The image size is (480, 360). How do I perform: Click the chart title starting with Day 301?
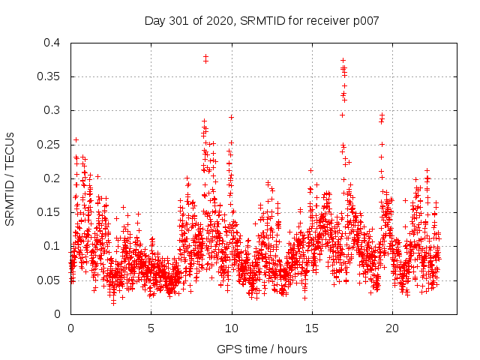click(262, 20)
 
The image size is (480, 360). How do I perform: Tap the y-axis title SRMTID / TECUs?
click(10, 179)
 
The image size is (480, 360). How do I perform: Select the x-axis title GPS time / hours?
click(262, 349)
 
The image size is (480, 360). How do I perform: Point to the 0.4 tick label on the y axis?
click(51, 43)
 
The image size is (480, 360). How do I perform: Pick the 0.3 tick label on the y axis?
click(51, 110)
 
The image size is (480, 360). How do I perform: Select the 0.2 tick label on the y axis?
click(51, 178)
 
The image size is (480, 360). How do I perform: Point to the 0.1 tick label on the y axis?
click(51, 246)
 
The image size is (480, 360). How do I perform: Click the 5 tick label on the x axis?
click(151, 328)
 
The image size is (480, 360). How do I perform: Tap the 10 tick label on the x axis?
click(232, 328)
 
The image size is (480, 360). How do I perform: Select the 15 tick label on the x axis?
click(312, 328)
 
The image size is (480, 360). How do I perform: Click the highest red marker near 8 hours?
click(205, 56)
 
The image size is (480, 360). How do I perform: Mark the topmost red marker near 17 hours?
click(343, 60)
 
